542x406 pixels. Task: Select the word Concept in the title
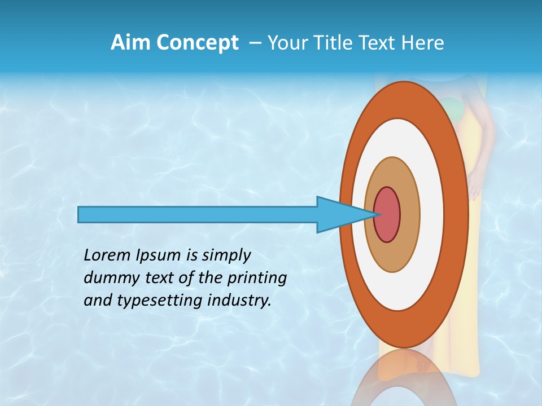(198, 43)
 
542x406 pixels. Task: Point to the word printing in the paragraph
(257, 278)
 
